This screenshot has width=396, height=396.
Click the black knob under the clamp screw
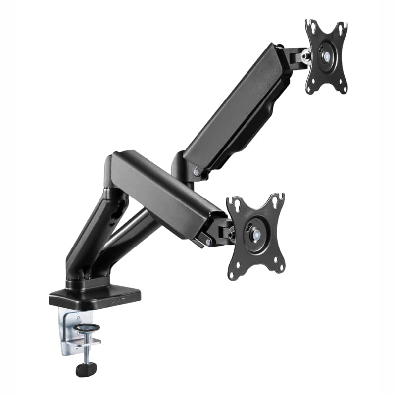(86, 368)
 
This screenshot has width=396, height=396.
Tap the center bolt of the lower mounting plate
(255, 235)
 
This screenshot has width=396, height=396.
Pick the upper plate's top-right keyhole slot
(343, 27)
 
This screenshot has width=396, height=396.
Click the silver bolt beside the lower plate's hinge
(208, 242)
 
